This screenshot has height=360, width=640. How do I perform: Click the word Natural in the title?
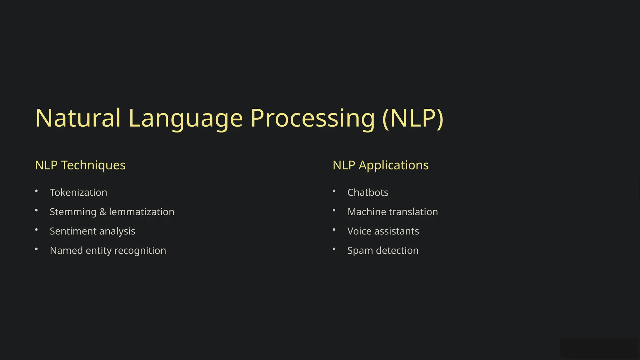78,118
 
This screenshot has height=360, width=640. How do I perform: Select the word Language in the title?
185,118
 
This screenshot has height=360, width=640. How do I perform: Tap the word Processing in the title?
312,118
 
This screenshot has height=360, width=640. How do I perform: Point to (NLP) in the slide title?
413,118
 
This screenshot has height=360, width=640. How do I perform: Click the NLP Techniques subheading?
80,165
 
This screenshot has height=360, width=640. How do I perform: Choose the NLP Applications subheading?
380,165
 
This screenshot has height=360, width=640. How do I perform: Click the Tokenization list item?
78,192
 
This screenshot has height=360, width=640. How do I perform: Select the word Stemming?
73,212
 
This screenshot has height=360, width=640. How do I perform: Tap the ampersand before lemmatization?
102,212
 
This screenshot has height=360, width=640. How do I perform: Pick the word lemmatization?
142,212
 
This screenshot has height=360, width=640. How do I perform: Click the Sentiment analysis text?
92,231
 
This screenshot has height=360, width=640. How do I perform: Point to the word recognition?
140,251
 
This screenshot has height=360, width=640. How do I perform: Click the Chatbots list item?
368,192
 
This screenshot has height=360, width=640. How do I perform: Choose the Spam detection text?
383,251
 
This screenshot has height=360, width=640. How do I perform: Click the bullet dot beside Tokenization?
36,191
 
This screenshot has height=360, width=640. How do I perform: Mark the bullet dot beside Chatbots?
334,191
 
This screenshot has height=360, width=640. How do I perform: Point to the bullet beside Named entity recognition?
36,249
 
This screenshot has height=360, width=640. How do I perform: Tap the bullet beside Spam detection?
334,249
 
